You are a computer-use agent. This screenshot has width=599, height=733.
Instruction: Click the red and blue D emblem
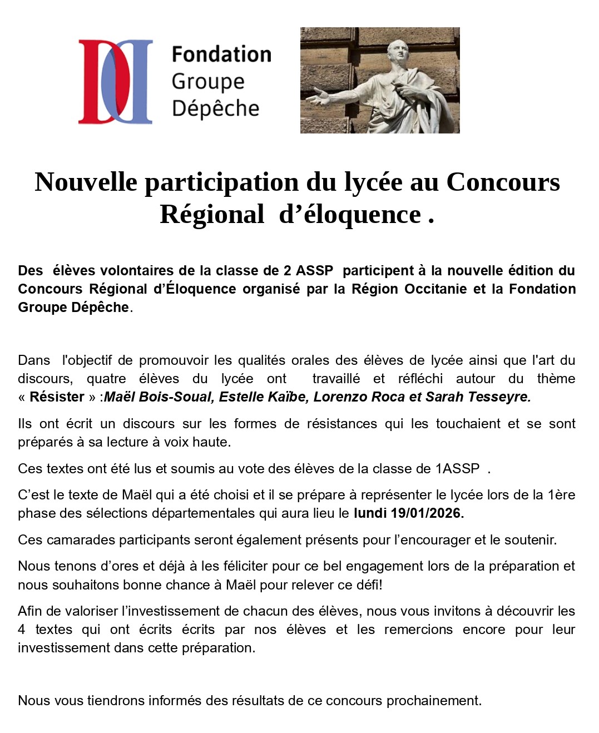point(115,81)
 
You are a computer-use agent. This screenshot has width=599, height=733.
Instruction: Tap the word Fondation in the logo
point(221,55)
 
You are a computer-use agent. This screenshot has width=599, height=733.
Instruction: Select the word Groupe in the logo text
point(208,81)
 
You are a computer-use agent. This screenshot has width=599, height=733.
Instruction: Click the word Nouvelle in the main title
point(86,182)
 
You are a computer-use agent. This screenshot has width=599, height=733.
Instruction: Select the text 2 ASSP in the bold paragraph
point(308,271)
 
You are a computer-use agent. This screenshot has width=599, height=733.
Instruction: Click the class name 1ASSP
point(457,469)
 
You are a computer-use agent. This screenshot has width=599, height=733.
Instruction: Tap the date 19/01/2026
point(427,513)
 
